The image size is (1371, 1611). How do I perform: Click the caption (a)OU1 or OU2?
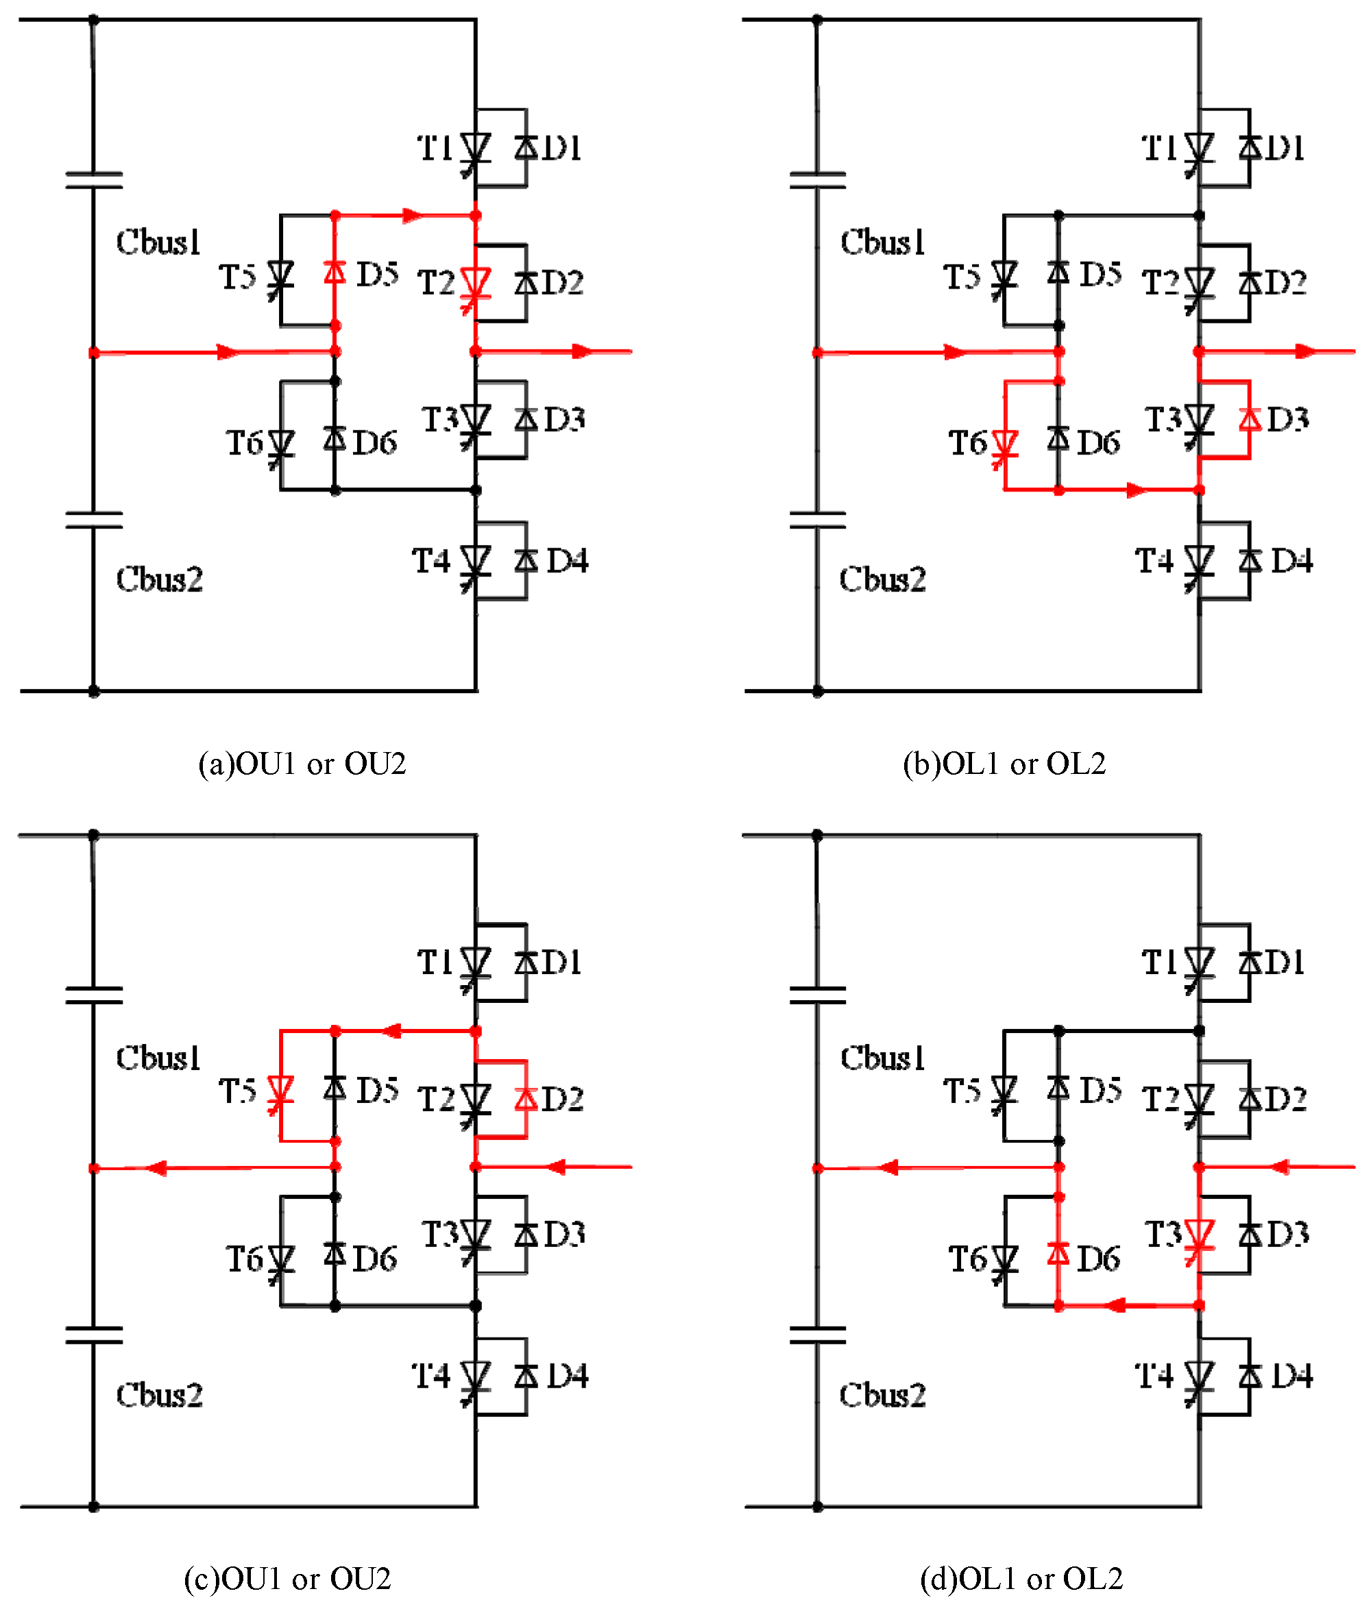(302, 764)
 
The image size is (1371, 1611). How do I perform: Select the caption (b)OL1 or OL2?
(1004, 764)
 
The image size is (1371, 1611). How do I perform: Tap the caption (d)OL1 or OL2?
(1021, 1578)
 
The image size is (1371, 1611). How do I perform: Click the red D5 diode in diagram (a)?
(335, 271)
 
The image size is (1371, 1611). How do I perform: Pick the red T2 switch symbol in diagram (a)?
(475, 284)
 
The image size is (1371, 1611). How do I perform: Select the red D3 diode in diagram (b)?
(1249, 420)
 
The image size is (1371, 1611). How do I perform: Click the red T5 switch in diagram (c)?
(280, 1092)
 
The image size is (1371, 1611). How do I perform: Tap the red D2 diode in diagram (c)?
(526, 1099)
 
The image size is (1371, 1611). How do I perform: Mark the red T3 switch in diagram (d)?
(1199, 1235)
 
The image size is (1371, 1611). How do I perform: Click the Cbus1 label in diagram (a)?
(158, 243)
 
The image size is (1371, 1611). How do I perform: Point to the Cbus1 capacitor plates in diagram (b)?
(817, 181)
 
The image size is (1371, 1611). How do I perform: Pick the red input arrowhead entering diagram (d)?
(1278, 1167)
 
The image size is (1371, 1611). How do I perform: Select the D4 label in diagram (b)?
(1291, 561)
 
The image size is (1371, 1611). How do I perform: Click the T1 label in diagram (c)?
(435, 962)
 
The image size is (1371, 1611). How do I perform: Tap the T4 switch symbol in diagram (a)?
(475, 561)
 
